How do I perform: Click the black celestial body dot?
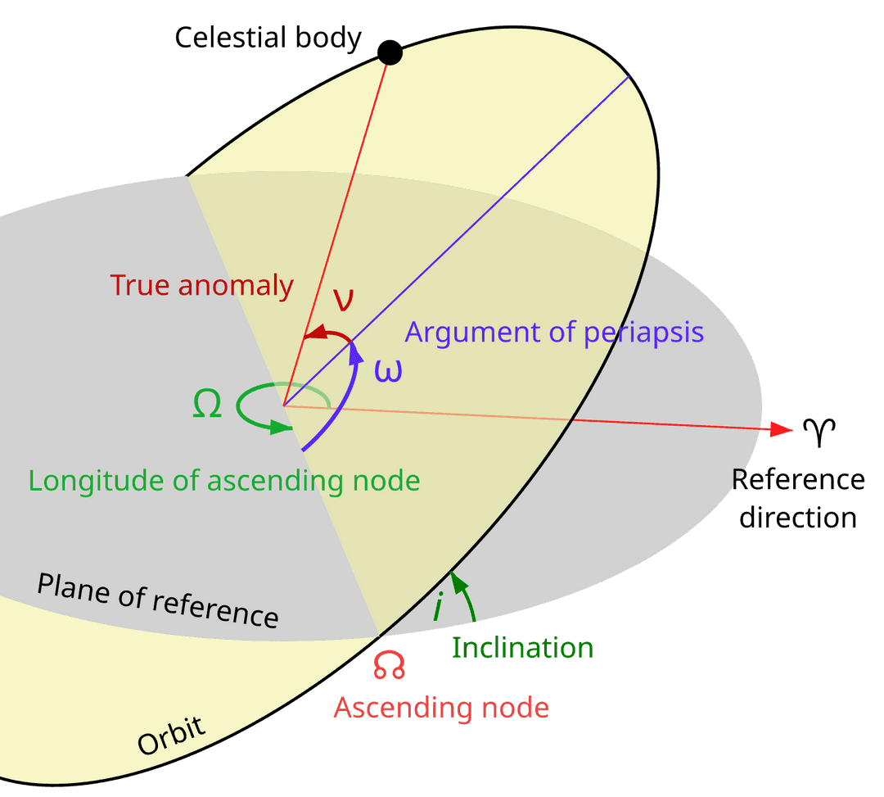(390, 53)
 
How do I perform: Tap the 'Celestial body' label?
(268, 38)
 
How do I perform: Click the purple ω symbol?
(388, 371)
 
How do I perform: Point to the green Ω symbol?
(207, 405)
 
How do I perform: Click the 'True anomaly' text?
(201, 285)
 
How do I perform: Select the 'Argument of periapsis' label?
(554, 333)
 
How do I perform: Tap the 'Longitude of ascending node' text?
(223, 480)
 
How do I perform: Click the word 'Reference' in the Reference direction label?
(797, 479)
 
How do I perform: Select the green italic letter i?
(438, 608)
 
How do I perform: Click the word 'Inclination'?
(522, 648)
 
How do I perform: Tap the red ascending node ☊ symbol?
(390, 665)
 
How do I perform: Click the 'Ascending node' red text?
(441, 707)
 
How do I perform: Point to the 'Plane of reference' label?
(158, 599)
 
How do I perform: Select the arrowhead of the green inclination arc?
(458, 581)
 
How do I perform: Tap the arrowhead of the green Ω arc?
(282, 427)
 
